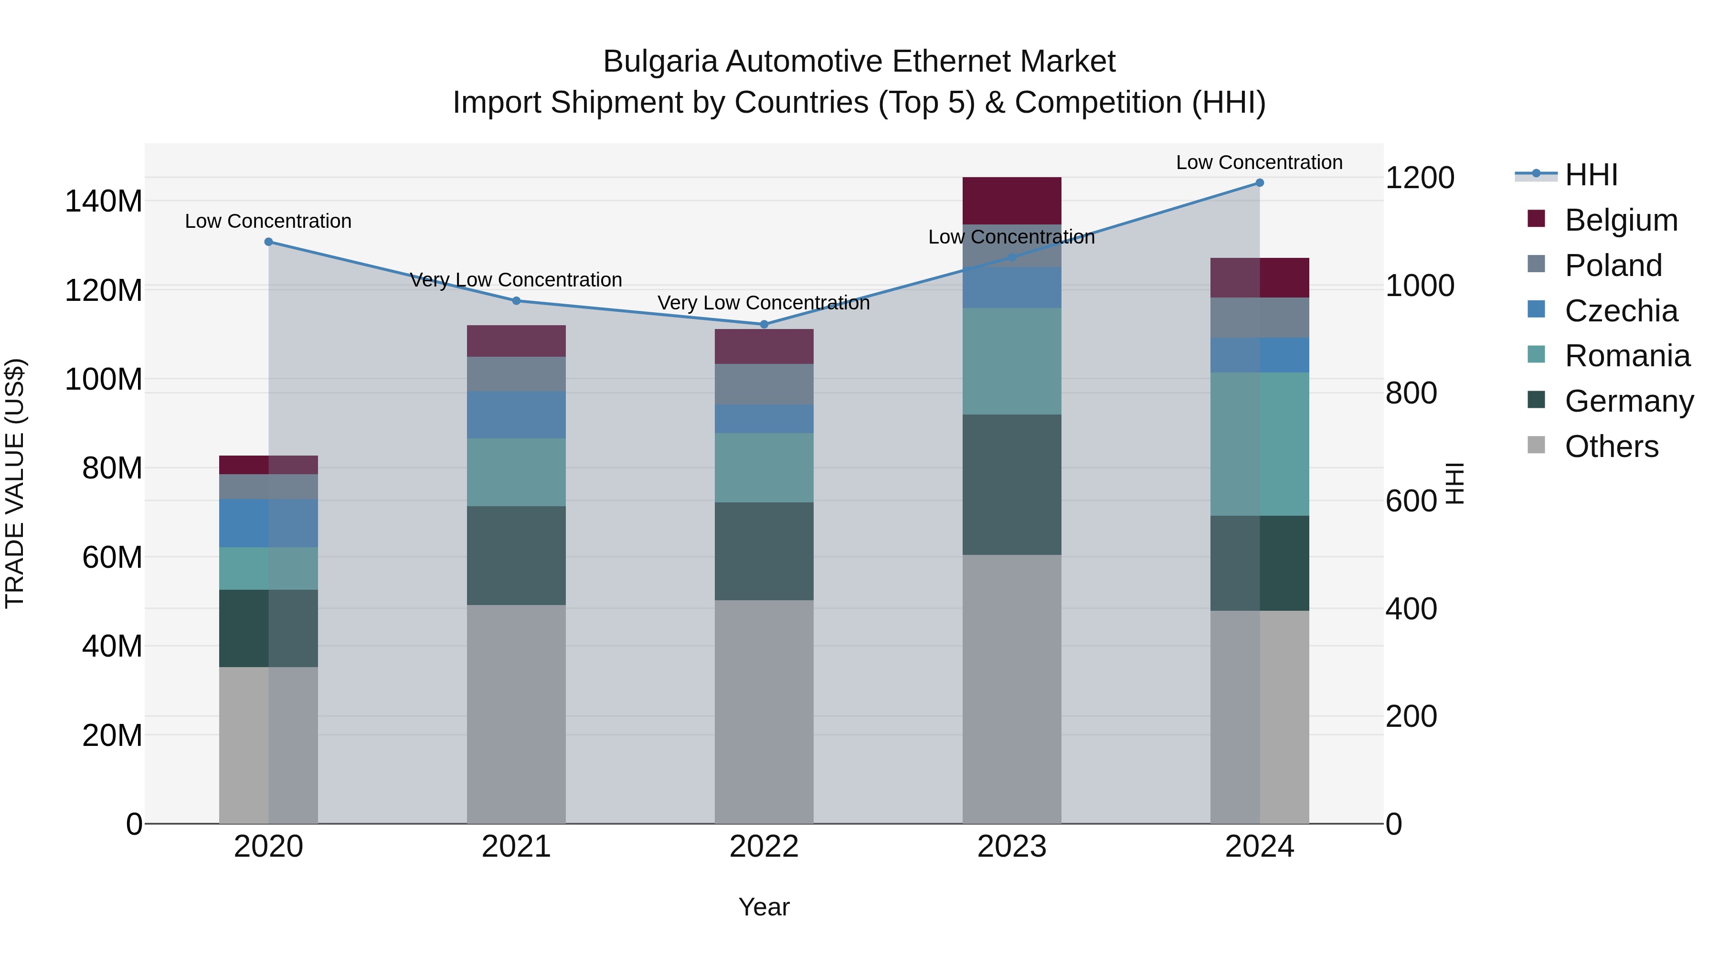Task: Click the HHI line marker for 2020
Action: pos(268,242)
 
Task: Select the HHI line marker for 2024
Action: pos(1259,183)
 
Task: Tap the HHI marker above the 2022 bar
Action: pos(764,324)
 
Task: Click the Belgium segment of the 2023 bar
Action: pos(1012,200)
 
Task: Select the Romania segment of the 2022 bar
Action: pos(764,467)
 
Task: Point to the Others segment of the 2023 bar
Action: pos(1012,687)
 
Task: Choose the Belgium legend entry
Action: pos(1620,220)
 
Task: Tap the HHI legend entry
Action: pos(1591,175)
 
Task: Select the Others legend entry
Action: pos(1611,446)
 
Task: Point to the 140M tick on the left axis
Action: pos(104,201)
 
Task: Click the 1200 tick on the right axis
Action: pos(1420,178)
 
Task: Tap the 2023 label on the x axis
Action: pos(1012,847)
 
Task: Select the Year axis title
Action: pos(764,907)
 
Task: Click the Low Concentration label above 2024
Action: pos(1259,162)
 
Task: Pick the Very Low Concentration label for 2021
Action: pos(515,280)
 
